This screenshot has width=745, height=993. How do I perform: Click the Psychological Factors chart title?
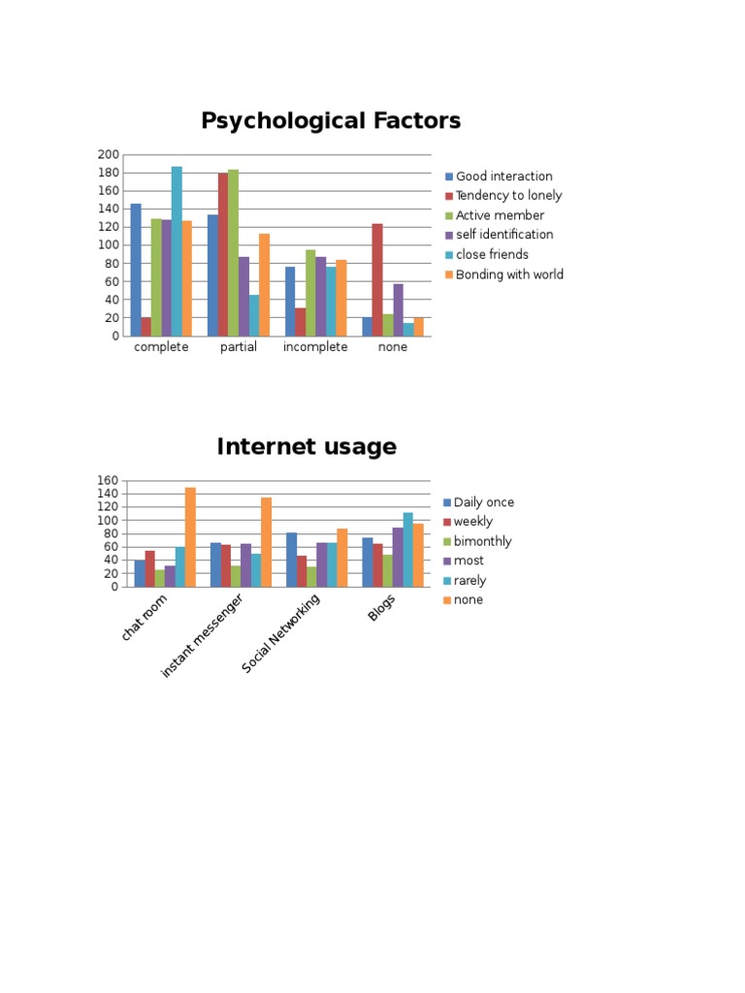pos(331,120)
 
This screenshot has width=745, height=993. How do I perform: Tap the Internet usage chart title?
pos(307,446)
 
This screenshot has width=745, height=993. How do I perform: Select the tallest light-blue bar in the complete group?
pos(177,251)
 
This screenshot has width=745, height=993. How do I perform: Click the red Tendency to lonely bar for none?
pos(377,280)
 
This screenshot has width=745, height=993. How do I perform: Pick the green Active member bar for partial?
pos(233,253)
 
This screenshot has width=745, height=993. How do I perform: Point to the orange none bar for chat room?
pos(190,537)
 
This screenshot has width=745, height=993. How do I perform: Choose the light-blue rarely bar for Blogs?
pos(408,550)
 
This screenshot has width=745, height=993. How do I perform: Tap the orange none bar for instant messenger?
pos(266,542)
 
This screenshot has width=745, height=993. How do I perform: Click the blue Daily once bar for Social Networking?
pos(291,560)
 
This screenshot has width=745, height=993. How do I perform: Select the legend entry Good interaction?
pos(499,176)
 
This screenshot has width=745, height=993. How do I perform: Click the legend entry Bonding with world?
pos(504,274)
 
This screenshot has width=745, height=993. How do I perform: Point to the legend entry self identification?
pos(500,235)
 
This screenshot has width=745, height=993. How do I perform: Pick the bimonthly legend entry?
pos(477,541)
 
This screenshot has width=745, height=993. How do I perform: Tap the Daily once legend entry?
pos(479,502)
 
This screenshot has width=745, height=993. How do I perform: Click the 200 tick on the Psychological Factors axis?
pos(109,154)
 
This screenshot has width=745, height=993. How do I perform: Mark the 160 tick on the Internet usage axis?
pos(108,481)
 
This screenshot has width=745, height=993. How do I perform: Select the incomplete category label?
pos(315,347)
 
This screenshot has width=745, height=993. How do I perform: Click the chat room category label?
pos(145,618)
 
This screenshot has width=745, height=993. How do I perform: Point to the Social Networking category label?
pos(280,632)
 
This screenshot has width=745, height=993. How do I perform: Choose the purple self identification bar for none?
pos(398,309)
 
